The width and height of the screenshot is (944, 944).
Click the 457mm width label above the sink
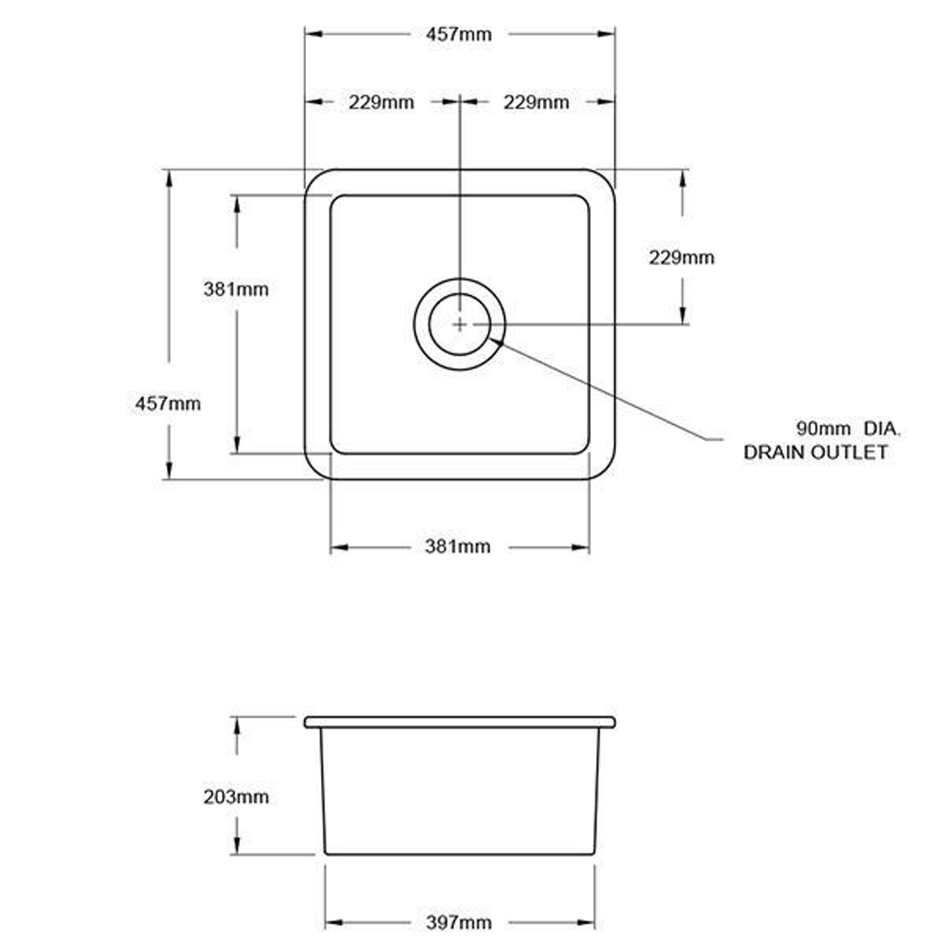point(459,34)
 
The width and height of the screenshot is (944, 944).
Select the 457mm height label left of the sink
point(168,404)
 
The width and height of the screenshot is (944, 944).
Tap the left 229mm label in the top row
point(381,102)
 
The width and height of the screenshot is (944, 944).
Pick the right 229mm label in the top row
point(537,102)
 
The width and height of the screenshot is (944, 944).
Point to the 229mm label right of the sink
point(681,258)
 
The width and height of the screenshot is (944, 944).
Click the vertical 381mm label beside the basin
point(236,289)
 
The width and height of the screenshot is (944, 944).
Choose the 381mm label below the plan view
point(457,547)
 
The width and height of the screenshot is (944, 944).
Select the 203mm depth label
point(236,797)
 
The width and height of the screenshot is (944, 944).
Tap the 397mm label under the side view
point(459,922)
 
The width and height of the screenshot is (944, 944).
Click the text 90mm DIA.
point(848,429)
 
